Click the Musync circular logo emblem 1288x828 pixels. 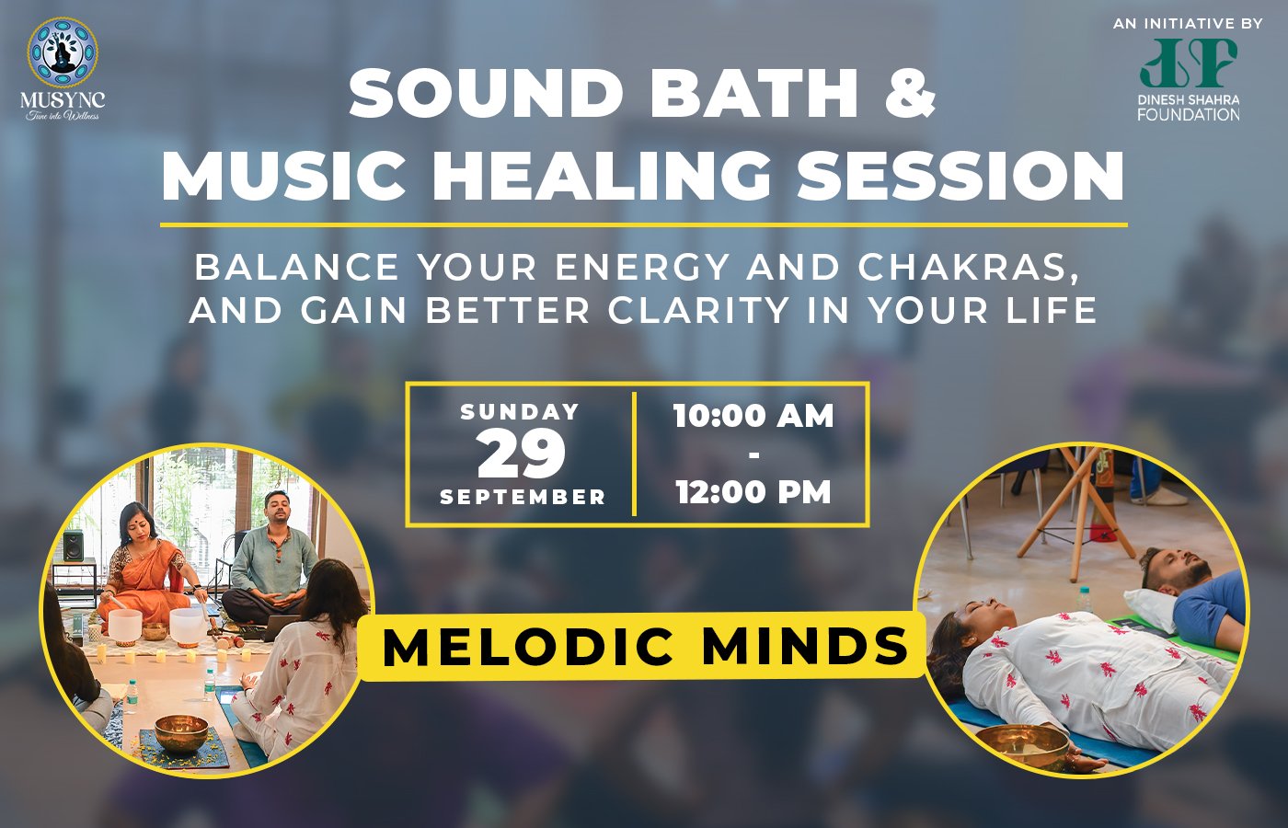63,53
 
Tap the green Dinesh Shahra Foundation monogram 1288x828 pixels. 1188,63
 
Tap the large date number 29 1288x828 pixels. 522,454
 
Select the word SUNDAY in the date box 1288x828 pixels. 520,412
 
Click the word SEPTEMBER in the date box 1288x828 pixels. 523,497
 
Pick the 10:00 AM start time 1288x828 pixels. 753,416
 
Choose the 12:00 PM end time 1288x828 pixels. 753,492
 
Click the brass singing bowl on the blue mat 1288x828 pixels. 182,734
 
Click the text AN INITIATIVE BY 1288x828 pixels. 1188,24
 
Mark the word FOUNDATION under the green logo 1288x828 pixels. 1189,114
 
